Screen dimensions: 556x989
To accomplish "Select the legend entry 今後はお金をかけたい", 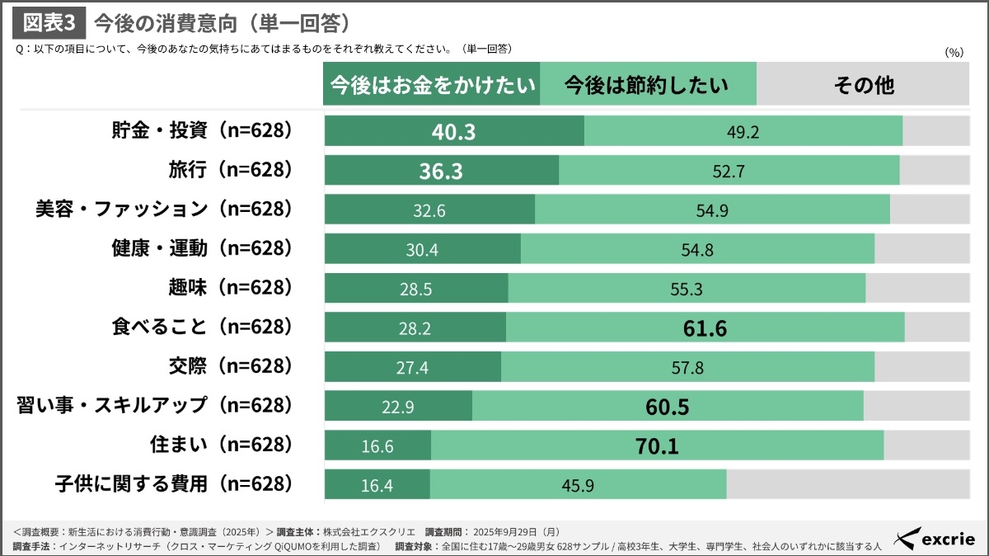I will (x=432, y=85).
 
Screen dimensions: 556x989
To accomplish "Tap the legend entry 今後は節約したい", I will (x=647, y=85).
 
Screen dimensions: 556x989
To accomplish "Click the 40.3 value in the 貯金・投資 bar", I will (x=454, y=131).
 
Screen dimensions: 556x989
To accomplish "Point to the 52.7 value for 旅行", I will (x=728, y=171).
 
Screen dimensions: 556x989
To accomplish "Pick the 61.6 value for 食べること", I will (x=705, y=328).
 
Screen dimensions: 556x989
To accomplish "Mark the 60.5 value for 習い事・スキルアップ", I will (x=667, y=407).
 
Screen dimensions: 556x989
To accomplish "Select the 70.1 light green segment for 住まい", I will (x=657, y=446).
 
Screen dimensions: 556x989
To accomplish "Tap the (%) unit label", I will (x=954, y=51).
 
